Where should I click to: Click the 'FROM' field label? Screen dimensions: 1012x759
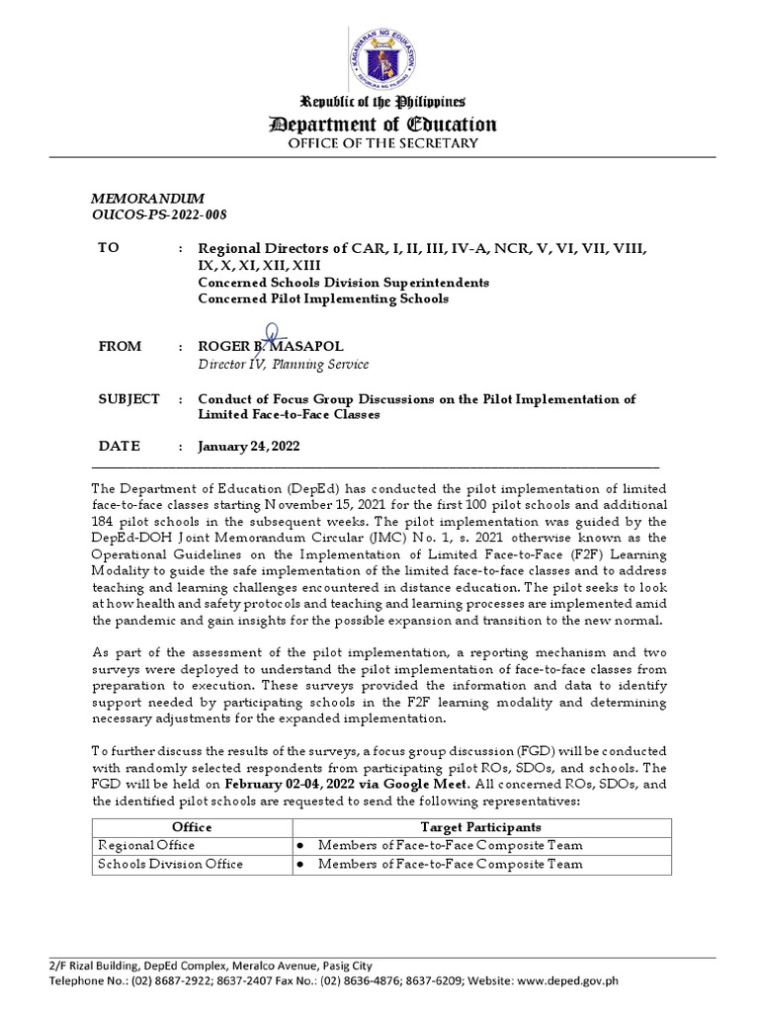coord(120,347)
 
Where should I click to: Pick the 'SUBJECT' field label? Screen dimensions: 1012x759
coord(128,399)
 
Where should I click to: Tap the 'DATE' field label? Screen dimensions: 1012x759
coord(119,446)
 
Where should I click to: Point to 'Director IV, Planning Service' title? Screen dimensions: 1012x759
coord(284,365)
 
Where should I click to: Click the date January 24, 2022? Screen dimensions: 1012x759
coord(249,447)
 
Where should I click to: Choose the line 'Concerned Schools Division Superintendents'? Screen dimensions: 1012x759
coord(343,283)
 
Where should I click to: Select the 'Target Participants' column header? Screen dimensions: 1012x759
coord(480,826)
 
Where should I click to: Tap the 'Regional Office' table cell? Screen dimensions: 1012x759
coord(145,845)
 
